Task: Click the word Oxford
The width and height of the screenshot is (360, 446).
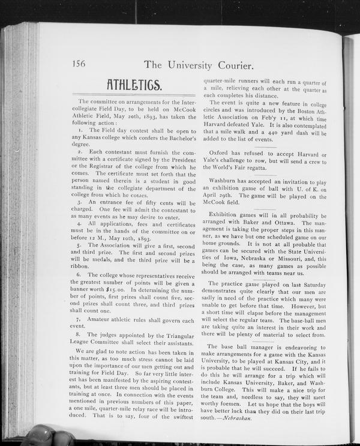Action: tap(218, 154)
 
